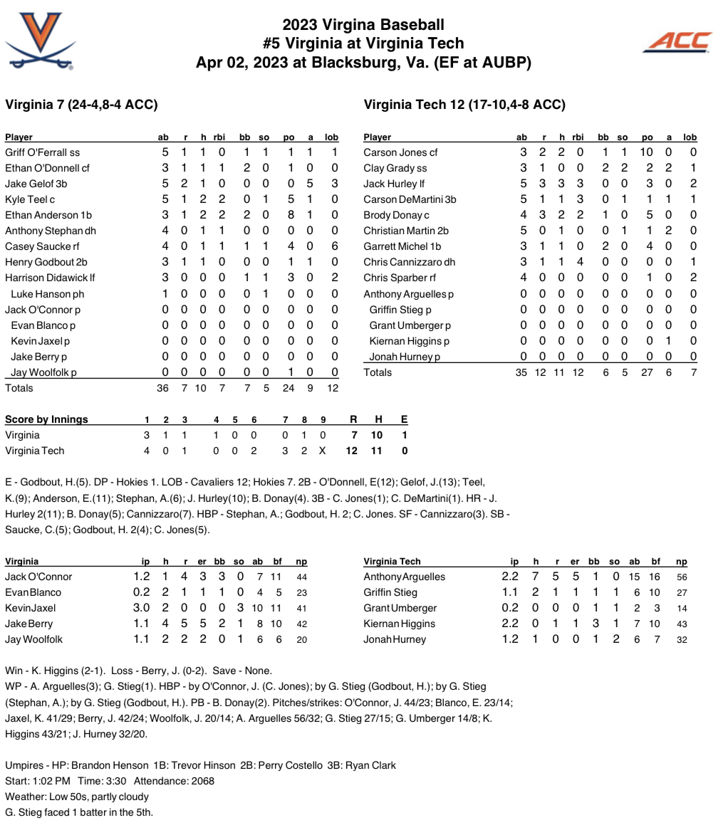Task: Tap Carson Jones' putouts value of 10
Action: coord(647,152)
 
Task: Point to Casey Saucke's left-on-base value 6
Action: coord(334,246)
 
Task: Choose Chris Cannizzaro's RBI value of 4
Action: coord(580,262)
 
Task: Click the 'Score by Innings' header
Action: coord(46,419)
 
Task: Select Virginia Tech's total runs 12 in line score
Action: coord(351,451)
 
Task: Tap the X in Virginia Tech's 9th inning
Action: coord(323,451)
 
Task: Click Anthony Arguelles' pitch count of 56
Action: coord(681,577)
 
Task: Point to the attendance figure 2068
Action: coord(202,781)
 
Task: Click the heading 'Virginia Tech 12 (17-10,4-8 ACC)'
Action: coord(464,105)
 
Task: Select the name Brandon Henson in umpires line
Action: coord(110,765)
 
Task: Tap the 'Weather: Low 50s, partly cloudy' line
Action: coord(77,797)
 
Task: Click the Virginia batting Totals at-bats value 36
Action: coord(162,388)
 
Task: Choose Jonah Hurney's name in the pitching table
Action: coord(395,639)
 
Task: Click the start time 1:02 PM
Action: coord(51,781)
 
